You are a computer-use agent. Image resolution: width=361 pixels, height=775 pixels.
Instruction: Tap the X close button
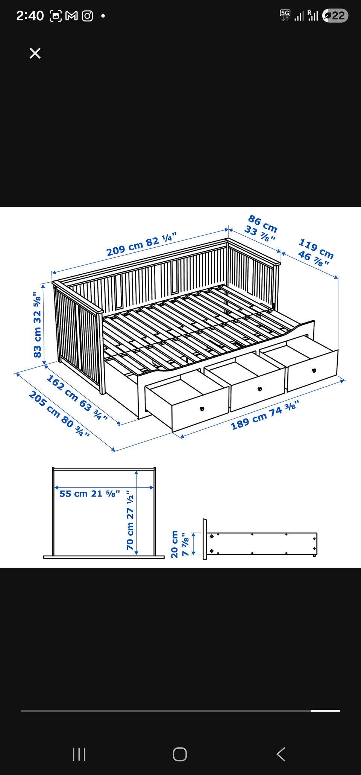click(35, 53)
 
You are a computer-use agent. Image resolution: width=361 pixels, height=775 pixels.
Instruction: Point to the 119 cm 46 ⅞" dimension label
click(315, 252)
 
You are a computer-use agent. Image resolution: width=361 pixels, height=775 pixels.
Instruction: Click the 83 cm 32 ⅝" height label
click(37, 324)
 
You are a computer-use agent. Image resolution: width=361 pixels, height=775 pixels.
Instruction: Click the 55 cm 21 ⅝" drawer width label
click(89, 493)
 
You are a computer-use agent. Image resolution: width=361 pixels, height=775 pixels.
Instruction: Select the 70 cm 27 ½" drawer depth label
click(130, 520)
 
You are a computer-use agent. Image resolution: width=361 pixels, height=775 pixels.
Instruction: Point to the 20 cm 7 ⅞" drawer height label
click(179, 544)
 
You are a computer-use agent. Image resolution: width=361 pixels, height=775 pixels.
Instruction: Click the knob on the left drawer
click(202, 409)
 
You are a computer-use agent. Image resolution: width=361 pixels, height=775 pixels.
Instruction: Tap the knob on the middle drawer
click(259, 389)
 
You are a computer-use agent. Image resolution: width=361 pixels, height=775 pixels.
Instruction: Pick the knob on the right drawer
click(314, 370)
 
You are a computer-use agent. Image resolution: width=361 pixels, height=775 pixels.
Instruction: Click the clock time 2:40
click(30, 16)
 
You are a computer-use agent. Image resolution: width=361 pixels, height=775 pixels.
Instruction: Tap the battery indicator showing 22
click(335, 15)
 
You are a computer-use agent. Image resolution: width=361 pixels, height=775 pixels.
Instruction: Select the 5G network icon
click(285, 15)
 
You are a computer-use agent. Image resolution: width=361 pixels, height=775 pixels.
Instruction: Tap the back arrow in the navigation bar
click(281, 754)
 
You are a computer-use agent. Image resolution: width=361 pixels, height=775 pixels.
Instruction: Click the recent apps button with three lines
click(79, 754)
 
